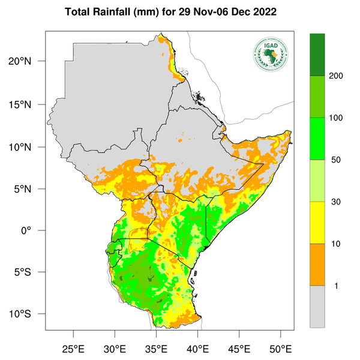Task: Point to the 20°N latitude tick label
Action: pyautogui.click(x=30, y=61)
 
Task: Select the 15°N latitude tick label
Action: pyautogui.click(x=30, y=104)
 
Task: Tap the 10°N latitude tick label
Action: pyautogui.click(x=30, y=147)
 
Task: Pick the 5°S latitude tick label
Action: pyautogui.click(x=32, y=272)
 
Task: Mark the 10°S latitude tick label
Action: pyautogui.click(x=30, y=314)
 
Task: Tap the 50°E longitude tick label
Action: pyautogui.click(x=280, y=348)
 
